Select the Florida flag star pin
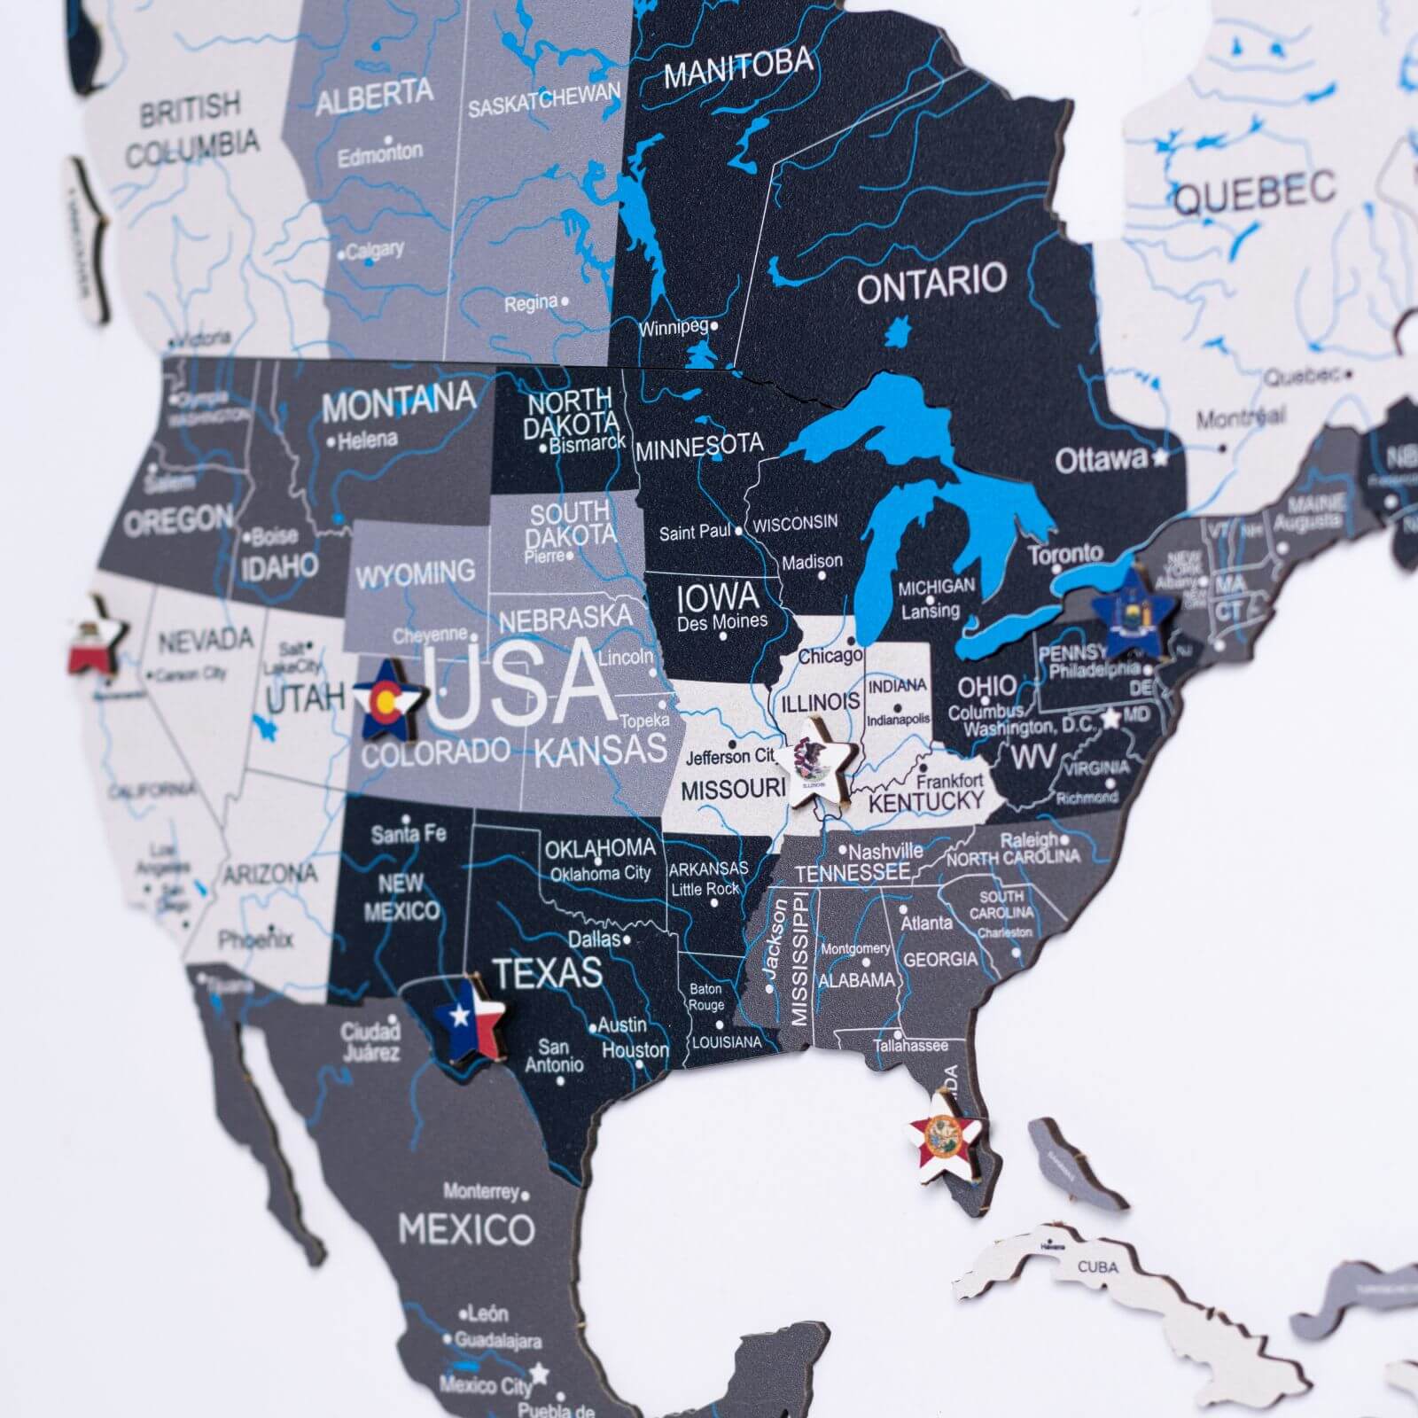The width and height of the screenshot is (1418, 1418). tap(945, 1139)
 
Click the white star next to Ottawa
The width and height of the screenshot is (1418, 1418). tap(1160, 457)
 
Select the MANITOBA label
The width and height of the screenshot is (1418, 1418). tap(737, 66)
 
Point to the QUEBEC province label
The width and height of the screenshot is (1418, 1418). tap(1254, 192)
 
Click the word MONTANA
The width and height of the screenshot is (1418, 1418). tap(398, 404)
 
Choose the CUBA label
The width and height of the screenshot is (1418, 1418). tap(1097, 1266)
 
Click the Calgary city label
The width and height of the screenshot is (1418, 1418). tap(375, 251)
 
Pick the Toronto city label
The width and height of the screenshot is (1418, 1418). tap(1064, 555)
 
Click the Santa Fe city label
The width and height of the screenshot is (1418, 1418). tap(409, 834)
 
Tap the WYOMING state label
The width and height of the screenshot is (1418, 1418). tap(415, 573)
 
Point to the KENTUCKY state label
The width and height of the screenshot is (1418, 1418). tap(926, 801)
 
